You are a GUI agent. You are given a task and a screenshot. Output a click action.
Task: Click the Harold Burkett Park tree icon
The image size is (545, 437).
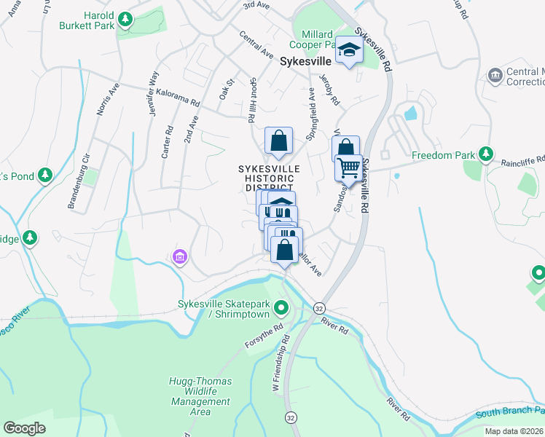click(125, 18)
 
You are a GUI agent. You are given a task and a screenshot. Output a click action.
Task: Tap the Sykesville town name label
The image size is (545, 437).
click(307, 63)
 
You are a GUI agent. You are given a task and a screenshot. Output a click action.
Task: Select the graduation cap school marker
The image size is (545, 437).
click(349, 52)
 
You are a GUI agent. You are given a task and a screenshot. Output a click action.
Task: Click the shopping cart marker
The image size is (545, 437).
click(348, 169)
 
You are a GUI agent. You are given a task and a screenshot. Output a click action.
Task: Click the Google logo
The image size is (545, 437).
click(24, 428)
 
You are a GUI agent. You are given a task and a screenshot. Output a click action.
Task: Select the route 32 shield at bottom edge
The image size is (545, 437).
click(291, 417)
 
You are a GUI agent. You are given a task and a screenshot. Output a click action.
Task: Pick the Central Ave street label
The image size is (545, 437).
click(256, 45)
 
